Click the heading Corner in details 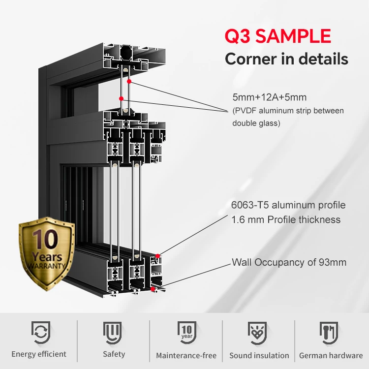coord(286,59)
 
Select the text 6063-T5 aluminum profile coord(288,205)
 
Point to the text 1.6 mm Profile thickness coord(286,219)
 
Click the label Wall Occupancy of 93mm coord(289,262)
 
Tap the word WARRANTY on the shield coord(47,266)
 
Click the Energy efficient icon coord(40,333)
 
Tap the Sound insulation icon coord(259,333)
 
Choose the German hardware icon coord(330,333)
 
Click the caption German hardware coord(331,355)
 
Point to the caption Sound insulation coord(259,355)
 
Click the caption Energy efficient coord(39,354)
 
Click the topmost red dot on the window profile coord(129,81)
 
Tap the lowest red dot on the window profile coord(154,288)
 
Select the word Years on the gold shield coord(47,256)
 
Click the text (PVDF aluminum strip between coord(288,110)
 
